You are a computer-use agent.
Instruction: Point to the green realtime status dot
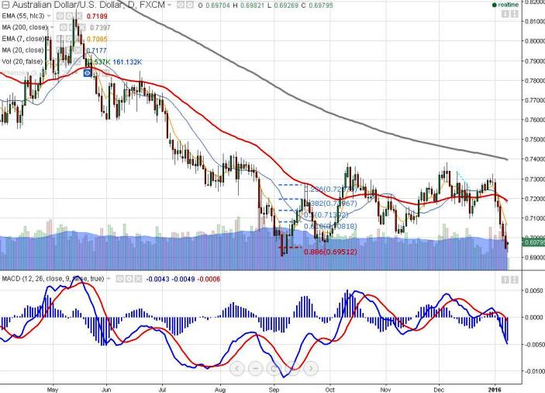495,5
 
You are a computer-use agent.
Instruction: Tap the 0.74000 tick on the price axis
531,159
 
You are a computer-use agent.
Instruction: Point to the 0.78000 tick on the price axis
531,80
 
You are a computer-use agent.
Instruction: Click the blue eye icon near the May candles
88,72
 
